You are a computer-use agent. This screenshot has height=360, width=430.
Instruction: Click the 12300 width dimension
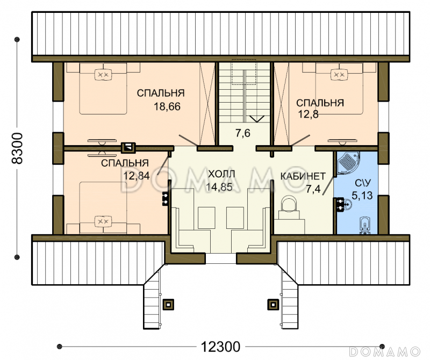(220, 347)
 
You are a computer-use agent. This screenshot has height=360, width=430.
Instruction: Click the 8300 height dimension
(17, 148)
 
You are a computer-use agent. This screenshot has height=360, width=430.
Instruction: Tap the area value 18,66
(167, 106)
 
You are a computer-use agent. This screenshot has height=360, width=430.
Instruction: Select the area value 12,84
(137, 176)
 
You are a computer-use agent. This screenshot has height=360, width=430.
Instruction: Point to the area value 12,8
(308, 114)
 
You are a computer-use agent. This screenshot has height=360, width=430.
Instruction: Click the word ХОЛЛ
(221, 174)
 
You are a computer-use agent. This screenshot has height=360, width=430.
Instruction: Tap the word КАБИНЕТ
(303, 176)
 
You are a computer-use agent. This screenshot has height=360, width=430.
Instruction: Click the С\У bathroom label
(363, 183)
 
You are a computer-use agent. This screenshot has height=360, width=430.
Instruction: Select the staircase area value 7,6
(243, 133)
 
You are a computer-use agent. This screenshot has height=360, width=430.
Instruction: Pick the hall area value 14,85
(219, 187)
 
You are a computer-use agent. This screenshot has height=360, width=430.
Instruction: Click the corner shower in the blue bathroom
(349, 163)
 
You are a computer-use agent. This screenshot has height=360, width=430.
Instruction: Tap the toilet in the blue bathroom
(365, 225)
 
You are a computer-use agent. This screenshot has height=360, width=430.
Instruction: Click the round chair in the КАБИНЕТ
(289, 204)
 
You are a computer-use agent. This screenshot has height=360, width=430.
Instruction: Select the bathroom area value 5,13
(362, 196)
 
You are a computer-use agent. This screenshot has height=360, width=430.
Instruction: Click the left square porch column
(168, 304)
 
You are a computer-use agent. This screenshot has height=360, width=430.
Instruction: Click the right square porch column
(273, 304)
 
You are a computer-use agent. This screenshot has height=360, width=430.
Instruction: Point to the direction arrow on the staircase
(257, 119)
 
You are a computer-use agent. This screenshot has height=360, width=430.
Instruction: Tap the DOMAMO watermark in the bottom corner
(385, 351)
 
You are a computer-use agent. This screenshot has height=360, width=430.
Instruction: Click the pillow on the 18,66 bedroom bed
(103, 74)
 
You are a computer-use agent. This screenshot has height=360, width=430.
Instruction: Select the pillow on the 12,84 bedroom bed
(103, 221)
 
